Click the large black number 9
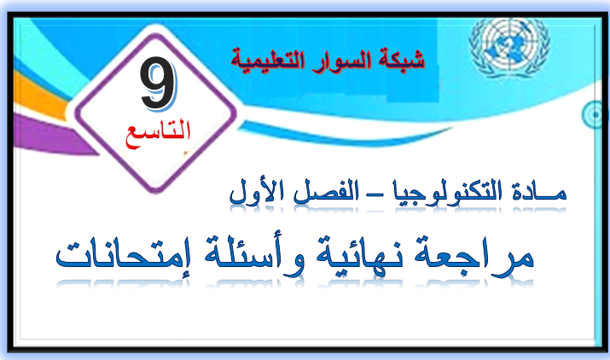coord(158,83)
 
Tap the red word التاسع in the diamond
coord(158,133)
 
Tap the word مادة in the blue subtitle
coord(539,191)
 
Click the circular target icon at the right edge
coord(595,114)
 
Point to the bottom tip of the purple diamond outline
coord(155,191)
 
